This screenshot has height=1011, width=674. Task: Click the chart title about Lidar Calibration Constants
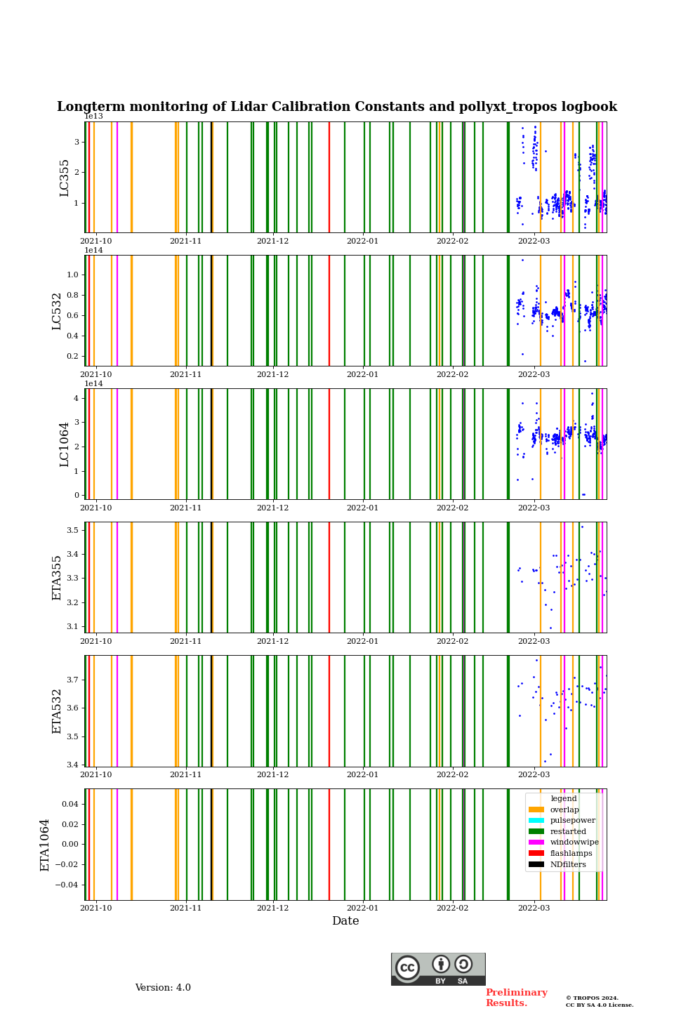coord(337,107)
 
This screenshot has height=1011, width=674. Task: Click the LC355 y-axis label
coord(65,178)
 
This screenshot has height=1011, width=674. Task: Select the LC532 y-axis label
coord(58,311)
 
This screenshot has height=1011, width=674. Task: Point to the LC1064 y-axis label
coord(65,444)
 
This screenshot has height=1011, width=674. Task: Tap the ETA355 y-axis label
coord(58,578)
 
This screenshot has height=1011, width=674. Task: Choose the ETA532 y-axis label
coord(58,711)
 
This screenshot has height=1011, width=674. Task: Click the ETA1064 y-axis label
coord(45,845)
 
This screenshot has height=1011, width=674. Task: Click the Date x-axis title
coord(345,921)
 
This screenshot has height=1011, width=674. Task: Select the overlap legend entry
coord(564,810)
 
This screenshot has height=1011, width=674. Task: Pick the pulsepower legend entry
coord(572,820)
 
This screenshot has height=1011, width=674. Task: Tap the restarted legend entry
coord(568,831)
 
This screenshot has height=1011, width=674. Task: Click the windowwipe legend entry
coord(574,842)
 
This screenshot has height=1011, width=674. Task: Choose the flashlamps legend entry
coord(571,853)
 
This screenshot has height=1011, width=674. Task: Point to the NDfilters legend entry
coord(568,864)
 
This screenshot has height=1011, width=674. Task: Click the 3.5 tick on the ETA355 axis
coord(72,530)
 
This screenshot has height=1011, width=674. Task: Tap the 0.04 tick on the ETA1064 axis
coord(70,804)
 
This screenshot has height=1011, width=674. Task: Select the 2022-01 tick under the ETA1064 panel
coord(362,908)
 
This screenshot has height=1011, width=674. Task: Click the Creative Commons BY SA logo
coord(438,969)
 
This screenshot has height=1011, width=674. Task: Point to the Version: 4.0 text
coord(163,988)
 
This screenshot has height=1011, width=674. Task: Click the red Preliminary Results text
coord(516,998)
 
